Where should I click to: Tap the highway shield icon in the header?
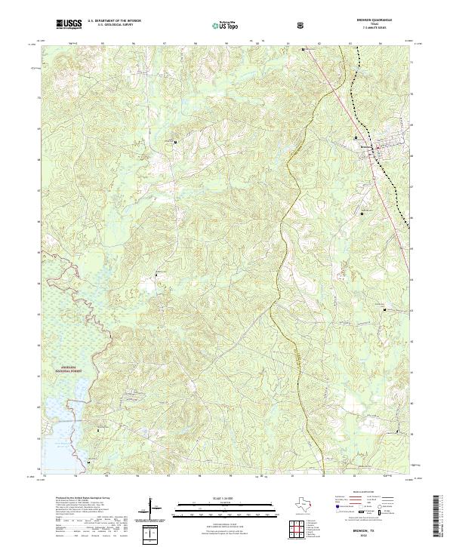(302, 25)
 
